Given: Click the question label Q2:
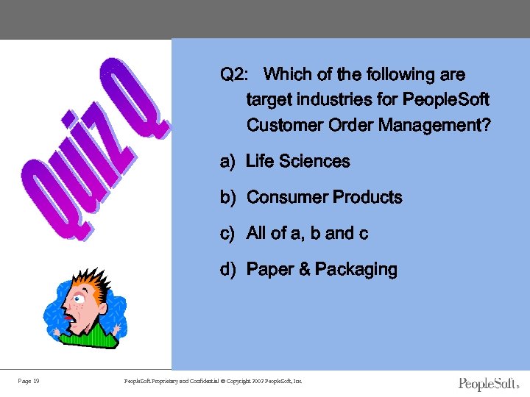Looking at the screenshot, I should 234,75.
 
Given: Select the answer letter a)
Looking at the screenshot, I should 227,162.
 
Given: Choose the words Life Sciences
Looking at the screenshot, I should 298,162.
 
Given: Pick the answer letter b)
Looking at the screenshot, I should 227,198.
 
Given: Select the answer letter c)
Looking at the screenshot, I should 227,234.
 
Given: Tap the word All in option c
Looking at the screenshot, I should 256,234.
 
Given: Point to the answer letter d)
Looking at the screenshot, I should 227,270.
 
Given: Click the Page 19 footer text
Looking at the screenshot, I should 29,381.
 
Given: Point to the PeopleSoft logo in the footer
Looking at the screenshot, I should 488,383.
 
